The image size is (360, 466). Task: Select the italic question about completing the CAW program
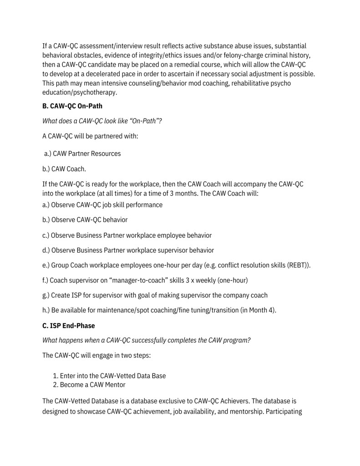click(146, 340)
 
